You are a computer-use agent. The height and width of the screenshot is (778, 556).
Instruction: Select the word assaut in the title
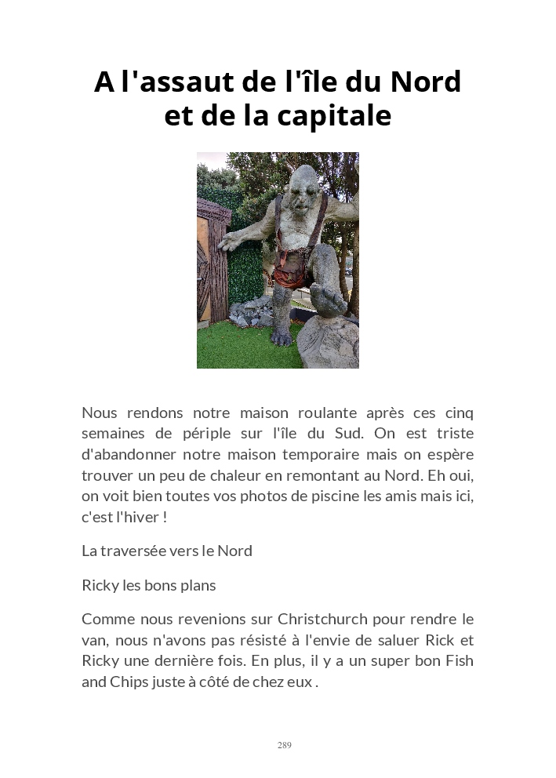tap(174, 82)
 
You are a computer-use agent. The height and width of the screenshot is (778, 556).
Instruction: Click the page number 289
tap(284, 745)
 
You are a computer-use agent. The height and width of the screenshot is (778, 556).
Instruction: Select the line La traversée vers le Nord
tap(167, 551)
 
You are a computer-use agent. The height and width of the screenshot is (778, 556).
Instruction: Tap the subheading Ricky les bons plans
tap(149, 585)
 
